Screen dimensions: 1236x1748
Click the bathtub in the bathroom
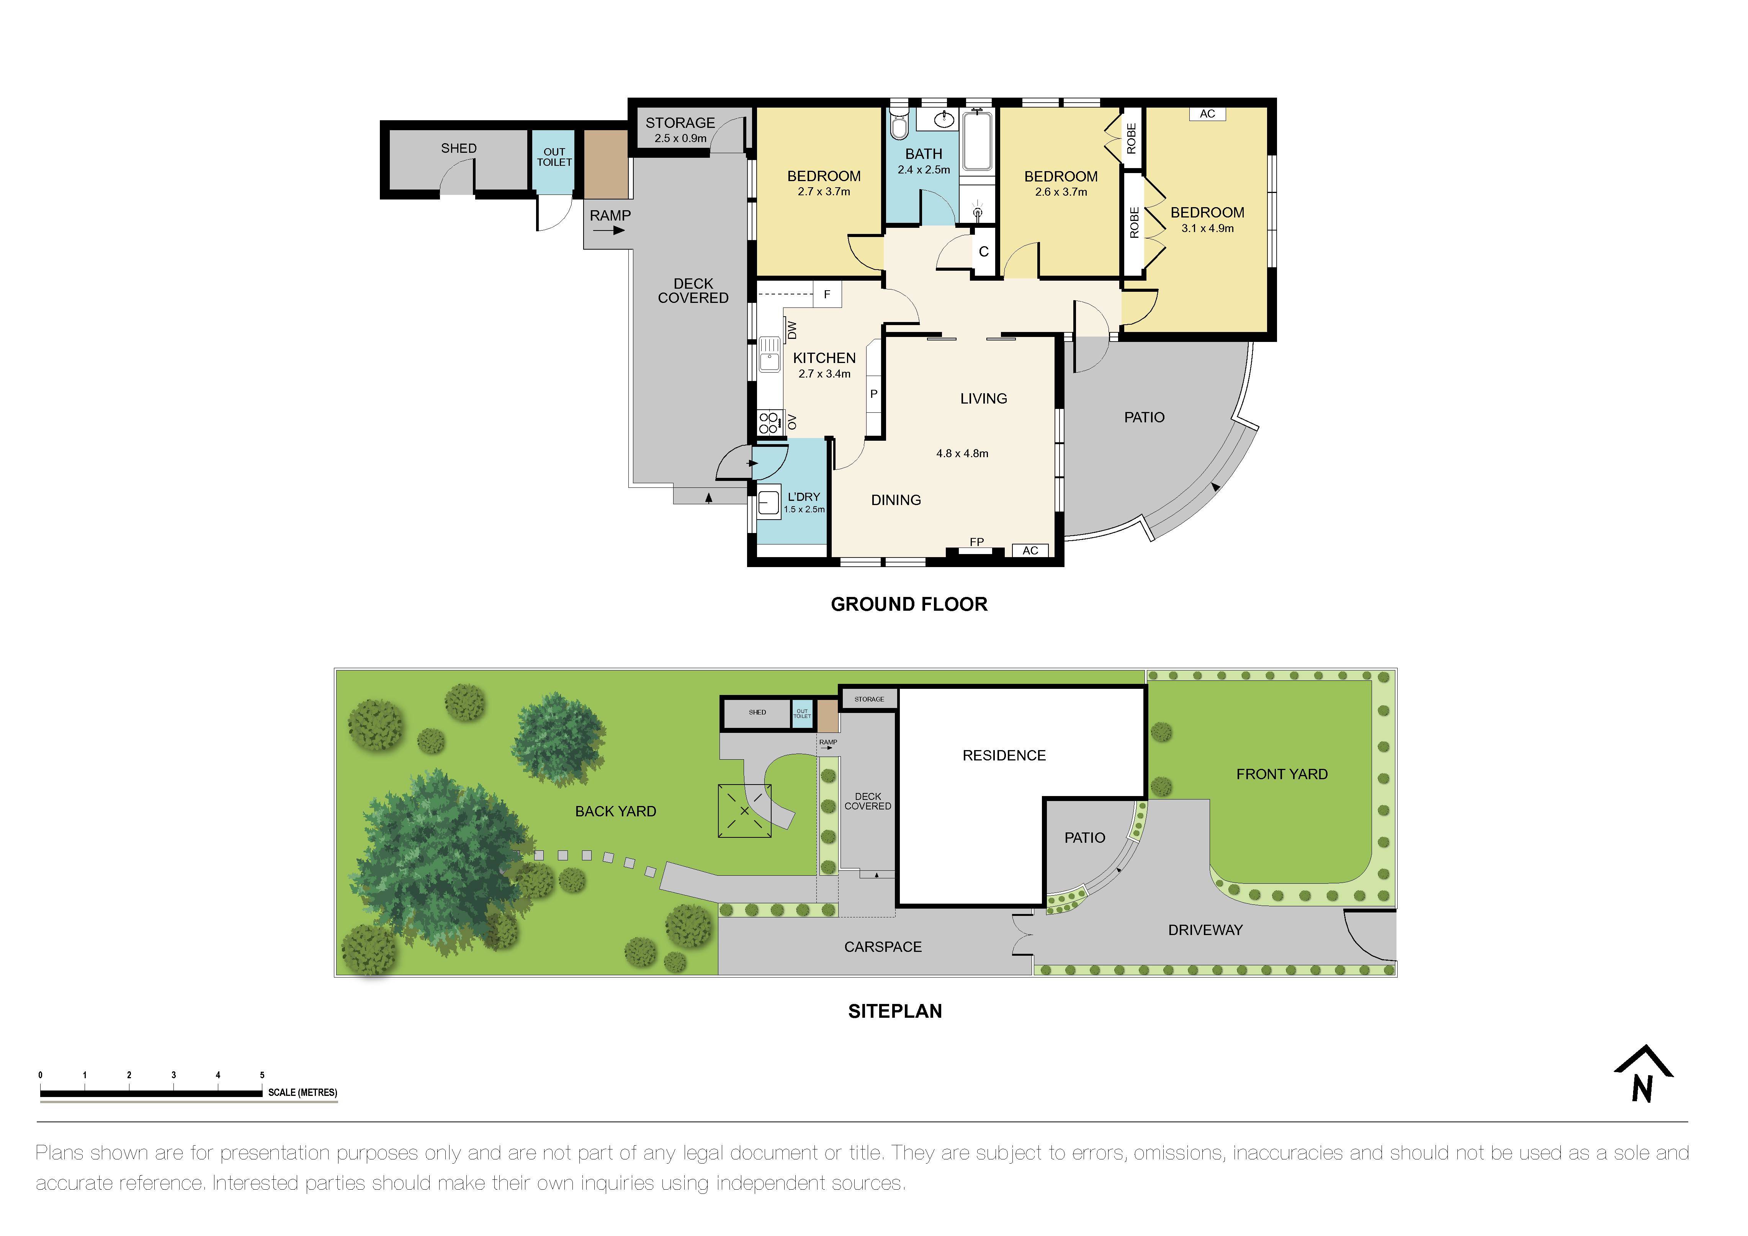[x=977, y=141]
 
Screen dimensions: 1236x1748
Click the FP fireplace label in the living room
[x=977, y=542]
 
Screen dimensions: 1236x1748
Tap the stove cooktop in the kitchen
[x=769, y=422]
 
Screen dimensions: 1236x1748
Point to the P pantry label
[x=874, y=394]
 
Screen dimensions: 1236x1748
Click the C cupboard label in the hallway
[x=984, y=252]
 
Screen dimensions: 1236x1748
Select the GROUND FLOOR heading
[x=909, y=604]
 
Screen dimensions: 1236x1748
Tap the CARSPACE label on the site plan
[x=882, y=947]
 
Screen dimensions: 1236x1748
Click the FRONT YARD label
[x=1281, y=774]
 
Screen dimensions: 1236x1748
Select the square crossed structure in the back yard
[x=744, y=811]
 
